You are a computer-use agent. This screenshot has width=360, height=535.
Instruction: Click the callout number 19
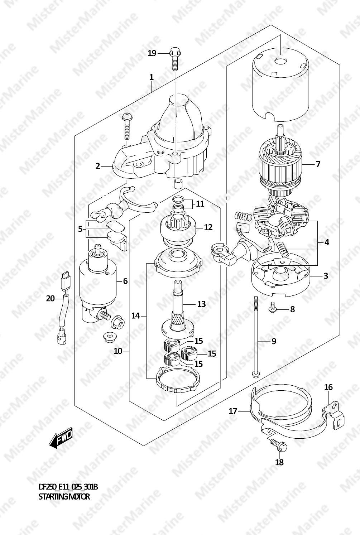152,53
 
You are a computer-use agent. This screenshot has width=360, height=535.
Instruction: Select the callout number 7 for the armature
318,164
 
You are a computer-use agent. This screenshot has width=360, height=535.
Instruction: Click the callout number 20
51,298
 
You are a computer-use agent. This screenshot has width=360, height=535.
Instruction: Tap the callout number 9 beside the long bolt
274,341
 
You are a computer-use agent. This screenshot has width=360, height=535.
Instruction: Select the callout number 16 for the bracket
329,387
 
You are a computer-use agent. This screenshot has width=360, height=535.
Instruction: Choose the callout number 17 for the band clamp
233,411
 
